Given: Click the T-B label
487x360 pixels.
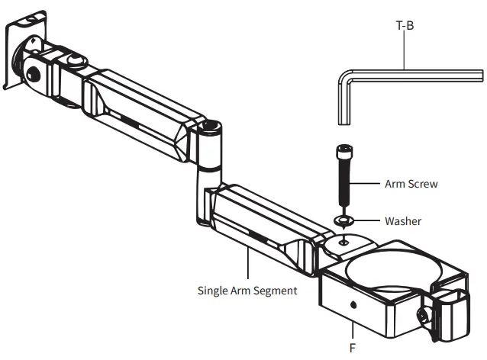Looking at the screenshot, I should click(404, 25).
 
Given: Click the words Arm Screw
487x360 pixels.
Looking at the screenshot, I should click(412, 184).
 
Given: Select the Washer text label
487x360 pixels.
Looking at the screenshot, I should click(402, 221).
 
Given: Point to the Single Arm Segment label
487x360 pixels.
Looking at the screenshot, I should click(247, 291).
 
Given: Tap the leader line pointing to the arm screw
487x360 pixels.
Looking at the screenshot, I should click(368, 184).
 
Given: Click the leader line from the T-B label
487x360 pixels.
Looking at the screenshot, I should click(404, 50).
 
